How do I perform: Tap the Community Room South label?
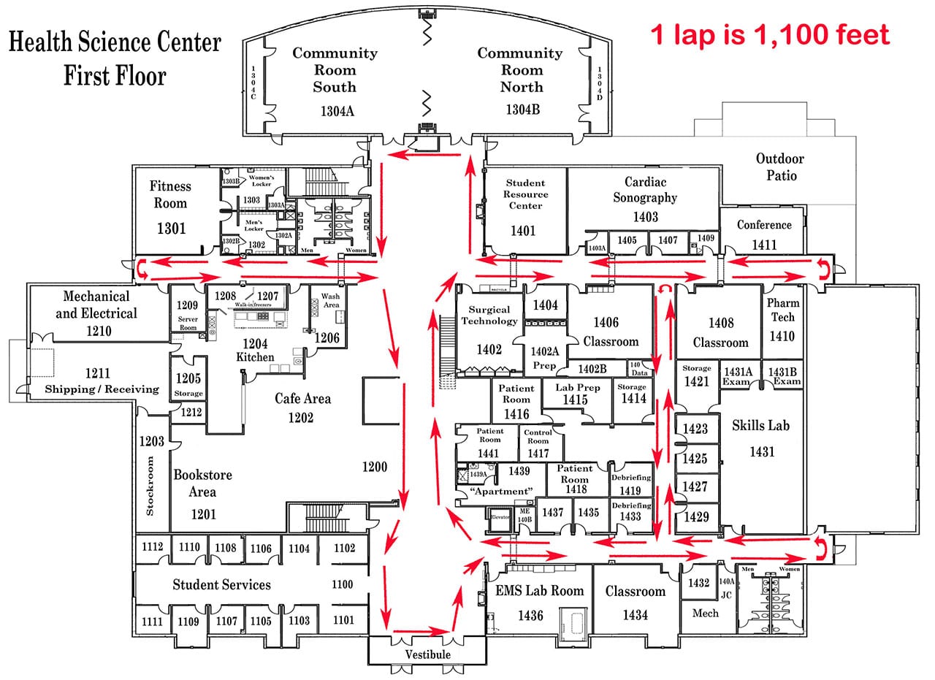pyautogui.click(x=335, y=70)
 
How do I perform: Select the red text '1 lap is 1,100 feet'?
pyautogui.click(x=770, y=34)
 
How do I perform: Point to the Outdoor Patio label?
pyautogui.click(x=779, y=167)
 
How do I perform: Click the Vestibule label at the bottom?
pyautogui.click(x=427, y=654)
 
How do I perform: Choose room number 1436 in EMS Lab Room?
pyautogui.click(x=530, y=616)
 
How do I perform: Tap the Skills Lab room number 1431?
pyautogui.click(x=761, y=452)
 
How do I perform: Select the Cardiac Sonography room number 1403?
pyautogui.click(x=645, y=216)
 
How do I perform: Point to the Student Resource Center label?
pyautogui.click(x=525, y=194)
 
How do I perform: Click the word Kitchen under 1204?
pyautogui.click(x=255, y=357)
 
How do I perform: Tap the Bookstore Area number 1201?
pyautogui.click(x=203, y=514)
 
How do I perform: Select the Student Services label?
pyautogui.click(x=221, y=584)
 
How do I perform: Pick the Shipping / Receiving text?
pyautogui.click(x=102, y=389)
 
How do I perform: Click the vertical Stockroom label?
pyautogui.click(x=150, y=486)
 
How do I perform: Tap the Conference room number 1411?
pyautogui.click(x=763, y=245)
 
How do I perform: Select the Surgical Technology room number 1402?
pyautogui.click(x=489, y=349)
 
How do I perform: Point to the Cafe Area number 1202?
pyautogui.click(x=301, y=418)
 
